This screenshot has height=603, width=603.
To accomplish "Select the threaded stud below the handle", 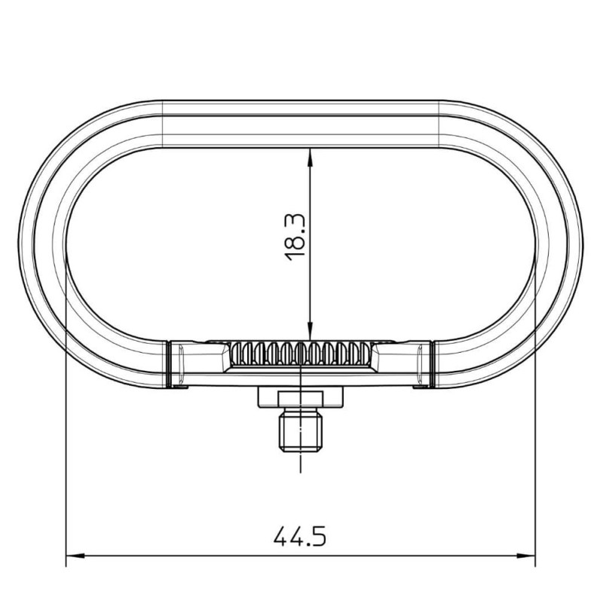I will [301, 432].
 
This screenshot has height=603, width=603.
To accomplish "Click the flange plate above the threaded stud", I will [301, 396].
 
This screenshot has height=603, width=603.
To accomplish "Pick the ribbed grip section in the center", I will [301, 353].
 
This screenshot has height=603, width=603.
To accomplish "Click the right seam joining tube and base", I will [433, 364].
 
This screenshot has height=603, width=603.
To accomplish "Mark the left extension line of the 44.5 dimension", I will [66, 452].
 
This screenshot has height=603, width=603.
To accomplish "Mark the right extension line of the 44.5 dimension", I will [534, 452].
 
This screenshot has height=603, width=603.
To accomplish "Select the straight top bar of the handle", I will [301, 124].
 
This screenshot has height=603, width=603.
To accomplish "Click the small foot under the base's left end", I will [179, 387].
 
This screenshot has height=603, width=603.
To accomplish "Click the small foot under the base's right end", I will [422, 387].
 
